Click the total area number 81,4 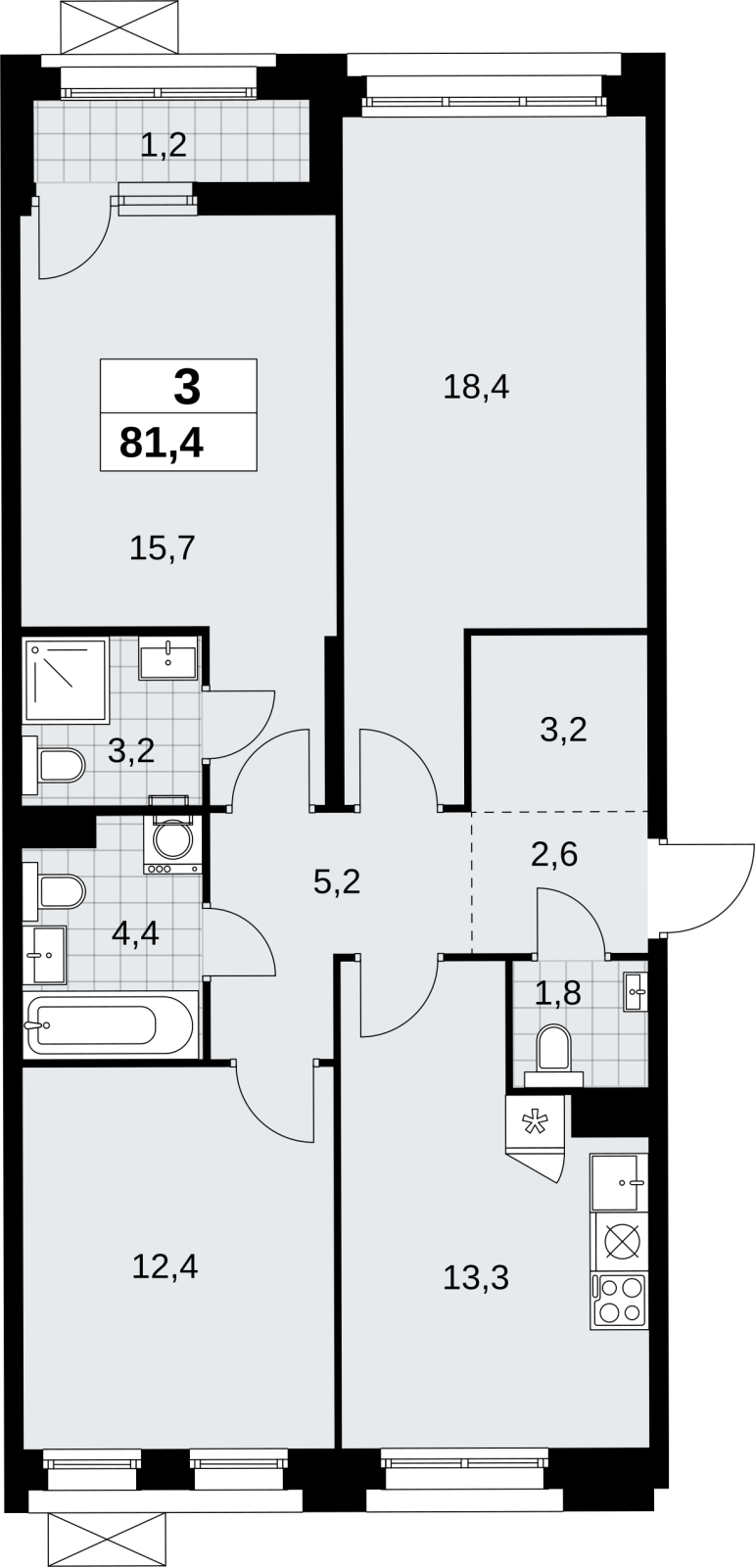(162, 443)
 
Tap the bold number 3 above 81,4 (187, 388)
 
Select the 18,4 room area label (477, 387)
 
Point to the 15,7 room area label (163, 547)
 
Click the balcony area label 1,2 (164, 146)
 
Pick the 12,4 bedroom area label (165, 1267)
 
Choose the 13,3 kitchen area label (476, 1278)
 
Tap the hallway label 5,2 (337, 882)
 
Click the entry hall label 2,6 (555, 854)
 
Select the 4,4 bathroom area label (136, 933)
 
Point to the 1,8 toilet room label (558, 993)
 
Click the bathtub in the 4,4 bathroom (109, 1024)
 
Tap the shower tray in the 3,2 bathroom (67, 681)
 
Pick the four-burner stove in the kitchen (619, 1302)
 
